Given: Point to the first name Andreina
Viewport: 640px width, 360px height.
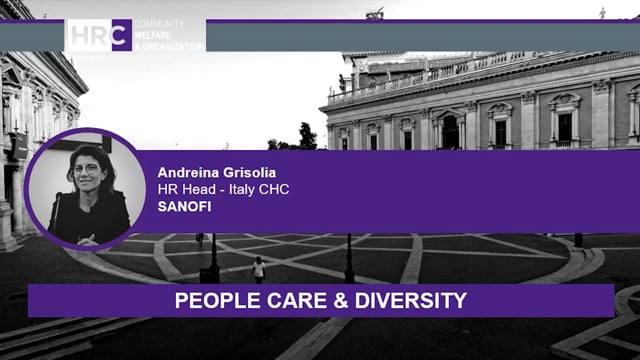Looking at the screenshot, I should coord(192,172).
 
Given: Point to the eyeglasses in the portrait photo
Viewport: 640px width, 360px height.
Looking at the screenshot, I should coord(88,169).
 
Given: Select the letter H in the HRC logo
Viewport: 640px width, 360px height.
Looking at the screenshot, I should coord(81,35).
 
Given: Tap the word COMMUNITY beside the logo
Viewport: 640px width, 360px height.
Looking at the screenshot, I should coord(158,23).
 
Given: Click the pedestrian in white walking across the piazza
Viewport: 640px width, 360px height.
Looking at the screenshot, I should coord(259,269).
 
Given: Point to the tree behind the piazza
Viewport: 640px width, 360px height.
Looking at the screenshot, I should coord(306,136).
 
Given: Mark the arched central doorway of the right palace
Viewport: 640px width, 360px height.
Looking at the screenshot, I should coord(450,131).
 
